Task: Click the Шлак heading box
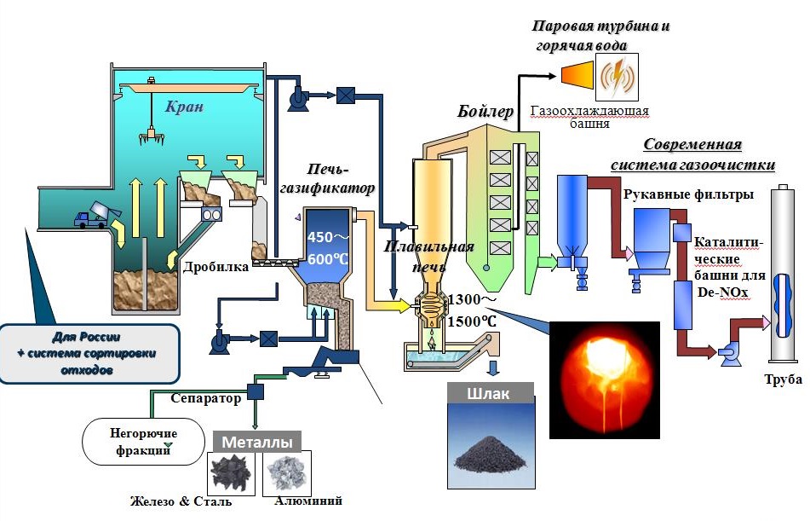(x=490, y=394)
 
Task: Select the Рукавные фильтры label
(x=688, y=194)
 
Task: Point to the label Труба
(x=777, y=394)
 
